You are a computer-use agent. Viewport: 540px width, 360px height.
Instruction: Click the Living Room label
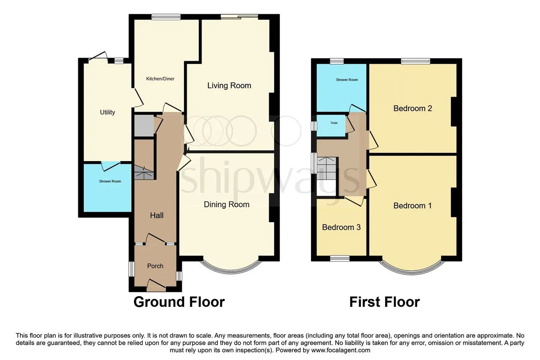[x=229, y=85]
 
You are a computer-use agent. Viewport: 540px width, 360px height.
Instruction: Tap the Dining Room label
[x=227, y=204]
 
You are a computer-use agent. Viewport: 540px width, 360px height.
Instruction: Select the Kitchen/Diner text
[x=160, y=79]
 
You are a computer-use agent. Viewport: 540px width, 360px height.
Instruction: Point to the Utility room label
[x=108, y=112]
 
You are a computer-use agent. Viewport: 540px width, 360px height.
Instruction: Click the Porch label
[x=155, y=265]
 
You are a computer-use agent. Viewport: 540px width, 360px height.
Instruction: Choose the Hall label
[x=157, y=215]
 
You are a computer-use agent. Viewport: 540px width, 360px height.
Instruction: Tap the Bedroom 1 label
[x=413, y=206]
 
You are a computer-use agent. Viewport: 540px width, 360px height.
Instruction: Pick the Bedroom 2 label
[x=413, y=108]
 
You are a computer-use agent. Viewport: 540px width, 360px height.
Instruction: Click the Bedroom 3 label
[x=342, y=227]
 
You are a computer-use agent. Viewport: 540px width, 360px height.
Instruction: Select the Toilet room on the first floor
[x=331, y=126]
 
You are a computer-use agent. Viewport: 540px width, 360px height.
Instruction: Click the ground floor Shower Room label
[x=110, y=181]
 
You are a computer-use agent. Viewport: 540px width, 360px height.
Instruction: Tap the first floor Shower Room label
[x=347, y=80]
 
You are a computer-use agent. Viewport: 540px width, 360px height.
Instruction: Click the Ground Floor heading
[x=179, y=302]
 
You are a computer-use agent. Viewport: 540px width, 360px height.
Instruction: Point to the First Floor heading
[x=384, y=302]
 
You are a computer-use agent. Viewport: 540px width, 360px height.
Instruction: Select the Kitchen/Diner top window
[x=166, y=17]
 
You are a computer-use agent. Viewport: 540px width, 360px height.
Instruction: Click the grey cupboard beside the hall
[x=144, y=126]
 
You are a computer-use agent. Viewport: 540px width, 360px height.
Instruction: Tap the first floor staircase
[x=327, y=168]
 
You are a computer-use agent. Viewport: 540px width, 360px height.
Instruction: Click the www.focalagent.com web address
[x=341, y=350]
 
